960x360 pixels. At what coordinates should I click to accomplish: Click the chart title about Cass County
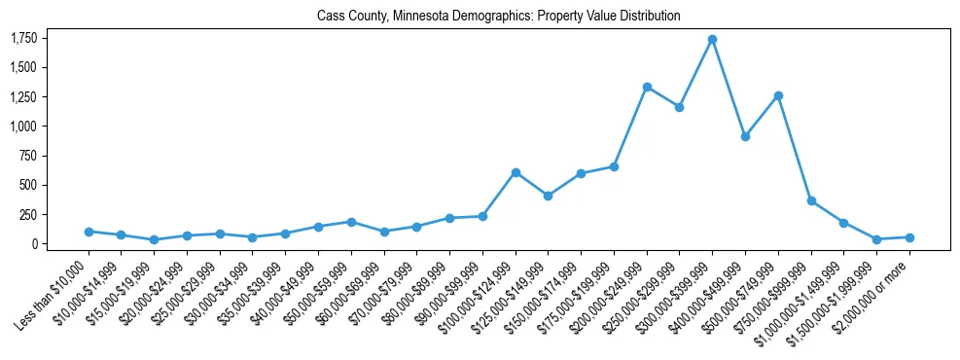click(x=498, y=17)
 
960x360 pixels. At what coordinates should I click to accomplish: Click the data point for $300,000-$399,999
click(x=712, y=39)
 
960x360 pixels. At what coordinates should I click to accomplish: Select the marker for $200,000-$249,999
click(x=647, y=87)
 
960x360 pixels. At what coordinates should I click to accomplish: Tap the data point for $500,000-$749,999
click(x=778, y=95)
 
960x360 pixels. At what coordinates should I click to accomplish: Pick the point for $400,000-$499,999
click(x=745, y=136)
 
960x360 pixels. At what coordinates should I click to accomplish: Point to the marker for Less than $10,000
click(x=89, y=232)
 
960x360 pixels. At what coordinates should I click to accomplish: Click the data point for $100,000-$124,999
click(x=516, y=172)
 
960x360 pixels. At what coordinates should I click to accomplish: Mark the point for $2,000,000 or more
click(x=909, y=237)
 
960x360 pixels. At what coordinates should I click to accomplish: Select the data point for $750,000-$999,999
click(x=811, y=200)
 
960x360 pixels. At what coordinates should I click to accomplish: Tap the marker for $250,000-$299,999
click(x=679, y=107)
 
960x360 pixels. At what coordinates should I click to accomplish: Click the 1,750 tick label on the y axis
click(x=23, y=38)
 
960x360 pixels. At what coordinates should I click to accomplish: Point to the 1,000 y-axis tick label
click(x=23, y=126)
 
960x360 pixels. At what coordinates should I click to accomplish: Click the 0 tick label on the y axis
click(x=34, y=244)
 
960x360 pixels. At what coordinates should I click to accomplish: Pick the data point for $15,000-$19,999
click(x=154, y=239)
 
